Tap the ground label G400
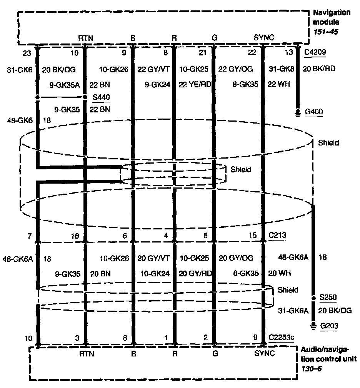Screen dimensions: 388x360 click(x=314, y=112)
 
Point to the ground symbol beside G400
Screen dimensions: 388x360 click(x=298, y=112)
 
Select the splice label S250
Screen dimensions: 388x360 click(x=328, y=298)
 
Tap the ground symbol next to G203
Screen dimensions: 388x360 click(x=314, y=326)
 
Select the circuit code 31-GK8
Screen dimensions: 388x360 click(x=282, y=69)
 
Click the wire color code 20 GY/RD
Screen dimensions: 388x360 click(x=195, y=273)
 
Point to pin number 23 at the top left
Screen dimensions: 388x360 click(x=26, y=52)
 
